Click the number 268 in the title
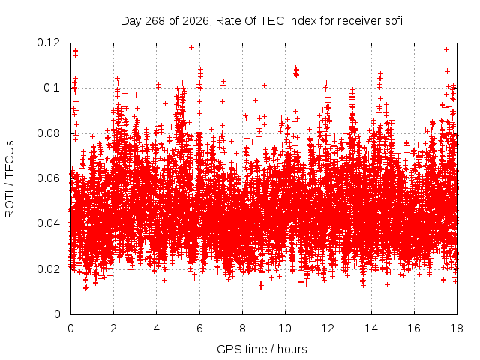154,21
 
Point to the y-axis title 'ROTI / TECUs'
10,179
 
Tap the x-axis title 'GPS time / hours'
262,349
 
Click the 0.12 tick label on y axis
48,43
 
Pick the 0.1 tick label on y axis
52,88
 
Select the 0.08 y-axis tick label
48,133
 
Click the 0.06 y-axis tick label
48,178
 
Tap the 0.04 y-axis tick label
48,223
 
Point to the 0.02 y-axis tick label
48,269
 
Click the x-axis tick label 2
113,328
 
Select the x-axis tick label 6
199,328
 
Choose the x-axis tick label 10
285,328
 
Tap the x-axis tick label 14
371,328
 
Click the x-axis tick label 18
457,328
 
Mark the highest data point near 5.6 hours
192,47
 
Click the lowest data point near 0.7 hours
86,287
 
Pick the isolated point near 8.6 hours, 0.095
255,100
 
